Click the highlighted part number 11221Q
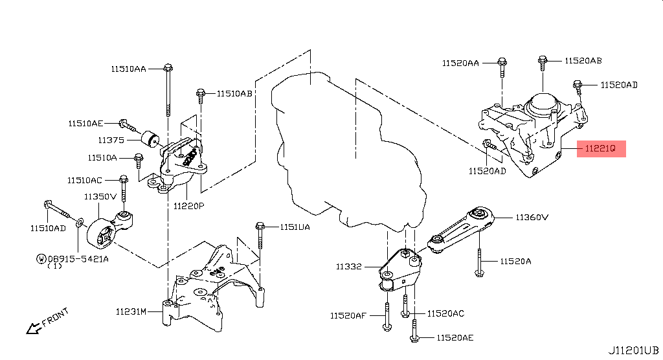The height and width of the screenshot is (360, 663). coord(600,148)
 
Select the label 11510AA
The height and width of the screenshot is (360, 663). coord(129,69)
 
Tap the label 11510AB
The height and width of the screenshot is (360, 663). coord(234,93)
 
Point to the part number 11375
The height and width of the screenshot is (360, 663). coord(111,140)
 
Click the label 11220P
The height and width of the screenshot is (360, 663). coord(188,206)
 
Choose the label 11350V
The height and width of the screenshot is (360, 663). coord(100,196)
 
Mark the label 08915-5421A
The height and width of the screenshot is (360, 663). coord(78,258)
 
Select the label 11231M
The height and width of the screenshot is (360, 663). coord(131,312)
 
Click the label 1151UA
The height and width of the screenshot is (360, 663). coord(295,227)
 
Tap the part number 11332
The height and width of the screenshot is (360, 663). coord(349,267)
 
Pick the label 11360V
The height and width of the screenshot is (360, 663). coord(532,218)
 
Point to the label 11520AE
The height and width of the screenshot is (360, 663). coord(455,337)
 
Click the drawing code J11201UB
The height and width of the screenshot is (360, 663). coord(633,351)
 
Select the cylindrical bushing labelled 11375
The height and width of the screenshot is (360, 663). coord(150,139)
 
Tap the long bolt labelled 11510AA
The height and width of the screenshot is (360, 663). coord(168,90)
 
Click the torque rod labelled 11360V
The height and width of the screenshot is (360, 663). coord(461,230)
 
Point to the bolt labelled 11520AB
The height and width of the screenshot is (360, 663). coord(543,62)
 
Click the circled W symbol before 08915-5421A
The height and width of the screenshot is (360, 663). coord(41,258)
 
